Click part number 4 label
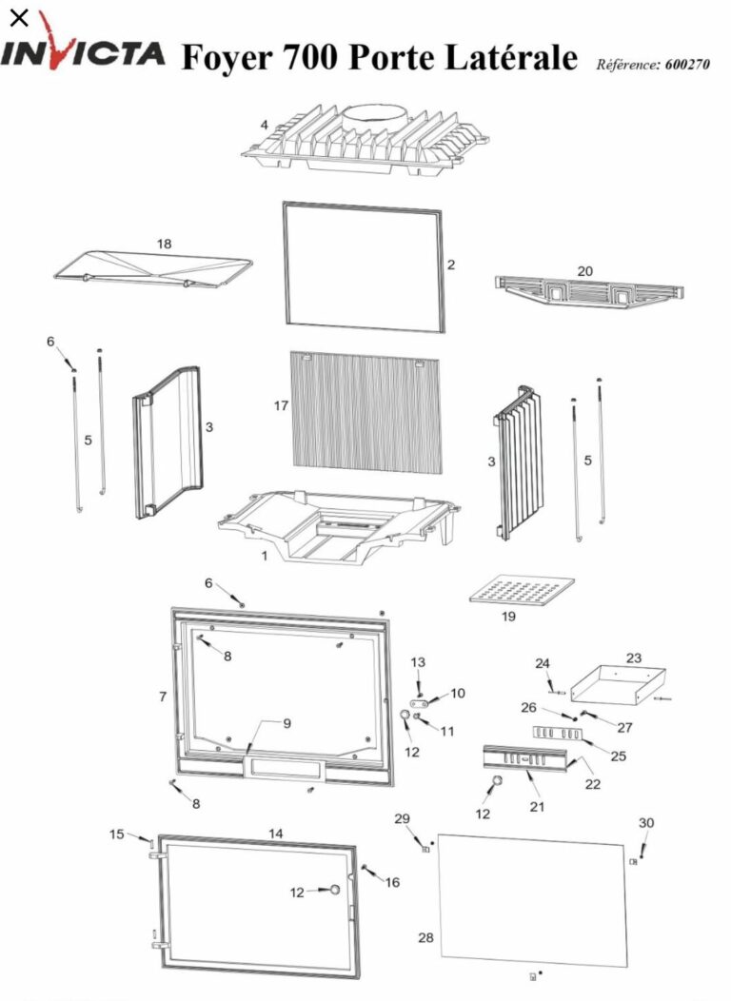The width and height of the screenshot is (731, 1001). click(x=265, y=124)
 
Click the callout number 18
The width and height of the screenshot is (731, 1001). click(x=165, y=245)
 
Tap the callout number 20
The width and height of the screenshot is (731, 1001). click(x=584, y=271)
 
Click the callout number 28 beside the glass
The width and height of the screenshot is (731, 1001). click(x=425, y=938)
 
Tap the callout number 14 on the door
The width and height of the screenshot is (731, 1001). click(x=275, y=834)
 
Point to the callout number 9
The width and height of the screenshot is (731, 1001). click(x=286, y=723)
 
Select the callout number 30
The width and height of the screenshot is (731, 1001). click(x=646, y=822)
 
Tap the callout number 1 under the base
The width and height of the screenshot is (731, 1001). click(x=265, y=557)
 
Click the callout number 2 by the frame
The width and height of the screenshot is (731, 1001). click(x=451, y=265)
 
